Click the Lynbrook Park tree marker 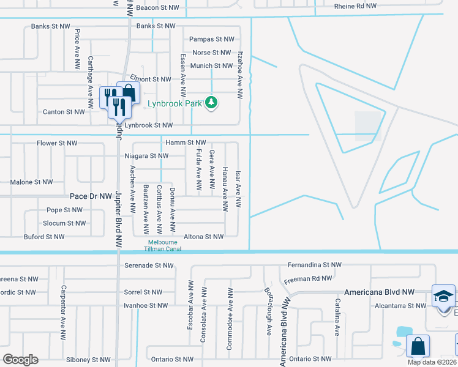tap(211, 102)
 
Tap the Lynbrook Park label tap(175, 103)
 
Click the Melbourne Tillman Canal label tap(160, 245)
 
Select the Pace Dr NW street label tap(90, 196)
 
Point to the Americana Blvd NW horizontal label tap(379, 292)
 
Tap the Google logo tap(20, 360)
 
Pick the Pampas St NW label tap(212, 39)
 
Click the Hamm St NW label tap(186, 143)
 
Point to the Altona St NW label tap(204, 236)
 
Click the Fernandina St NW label tap(313, 265)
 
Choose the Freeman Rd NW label tap(308, 279)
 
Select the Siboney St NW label tap(89, 360)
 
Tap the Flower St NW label tap(57, 143)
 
